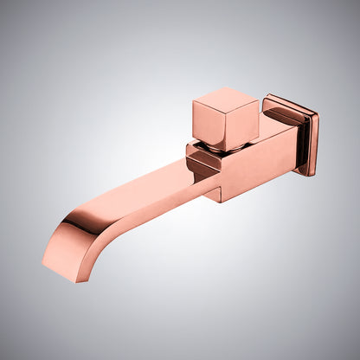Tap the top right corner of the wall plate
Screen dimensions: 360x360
pyautogui.click(x=317, y=115)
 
